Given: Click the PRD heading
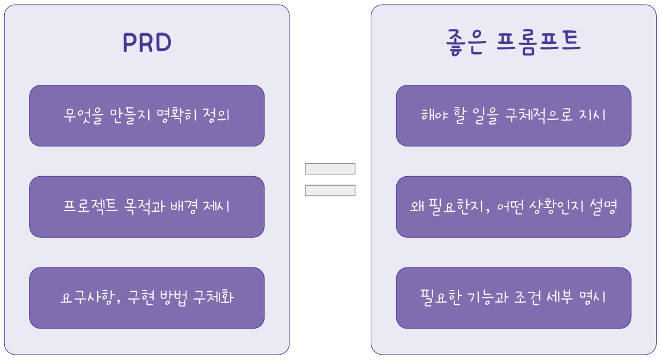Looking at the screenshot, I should pos(147,42).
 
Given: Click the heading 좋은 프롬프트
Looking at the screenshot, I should pos(513,42).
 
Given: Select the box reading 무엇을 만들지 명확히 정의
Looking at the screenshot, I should pos(147,116).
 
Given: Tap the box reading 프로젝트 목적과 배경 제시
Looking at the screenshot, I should pos(147,206).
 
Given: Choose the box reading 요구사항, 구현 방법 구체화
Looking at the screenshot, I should pos(147,298).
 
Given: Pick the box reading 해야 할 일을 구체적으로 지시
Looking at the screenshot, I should pos(513,116).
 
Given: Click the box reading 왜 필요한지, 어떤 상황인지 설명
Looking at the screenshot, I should pos(513,206).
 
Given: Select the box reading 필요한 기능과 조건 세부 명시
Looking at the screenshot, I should pos(513,298).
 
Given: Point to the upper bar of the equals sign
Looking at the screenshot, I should pos(330,169).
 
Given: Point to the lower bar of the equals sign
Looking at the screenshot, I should pos(330,190).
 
